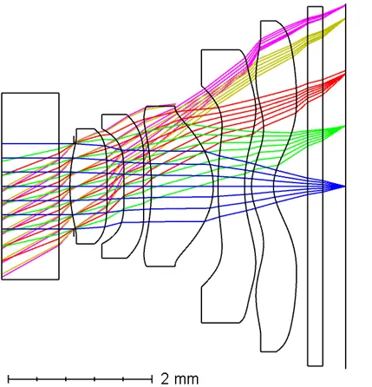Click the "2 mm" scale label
[x=179, y=378]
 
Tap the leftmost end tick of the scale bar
[x=9, y=378]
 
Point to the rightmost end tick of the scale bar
[x=152, y=378]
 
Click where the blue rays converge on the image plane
[x=345, y=187]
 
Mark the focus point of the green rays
[x=345, y=126]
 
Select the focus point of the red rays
[x=345, y=71]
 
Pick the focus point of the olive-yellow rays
[x=345, y=18]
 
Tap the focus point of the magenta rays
[x=345, y=4]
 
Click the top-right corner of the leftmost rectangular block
[x=59, y=93]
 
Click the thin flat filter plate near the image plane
[x=315, y=187]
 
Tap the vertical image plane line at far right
[x=346, y=187]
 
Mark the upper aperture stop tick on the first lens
[x=75, y=140]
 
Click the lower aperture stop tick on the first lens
[x=75, y=233]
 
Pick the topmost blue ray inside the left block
[x=30, y=144]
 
